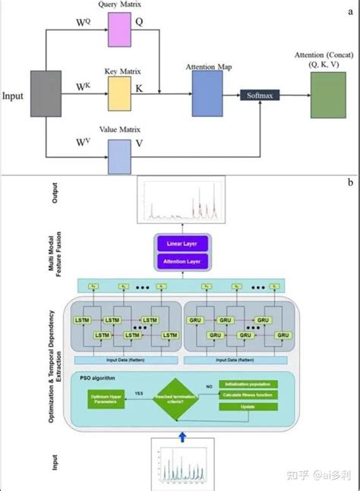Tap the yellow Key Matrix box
[120, 90]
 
